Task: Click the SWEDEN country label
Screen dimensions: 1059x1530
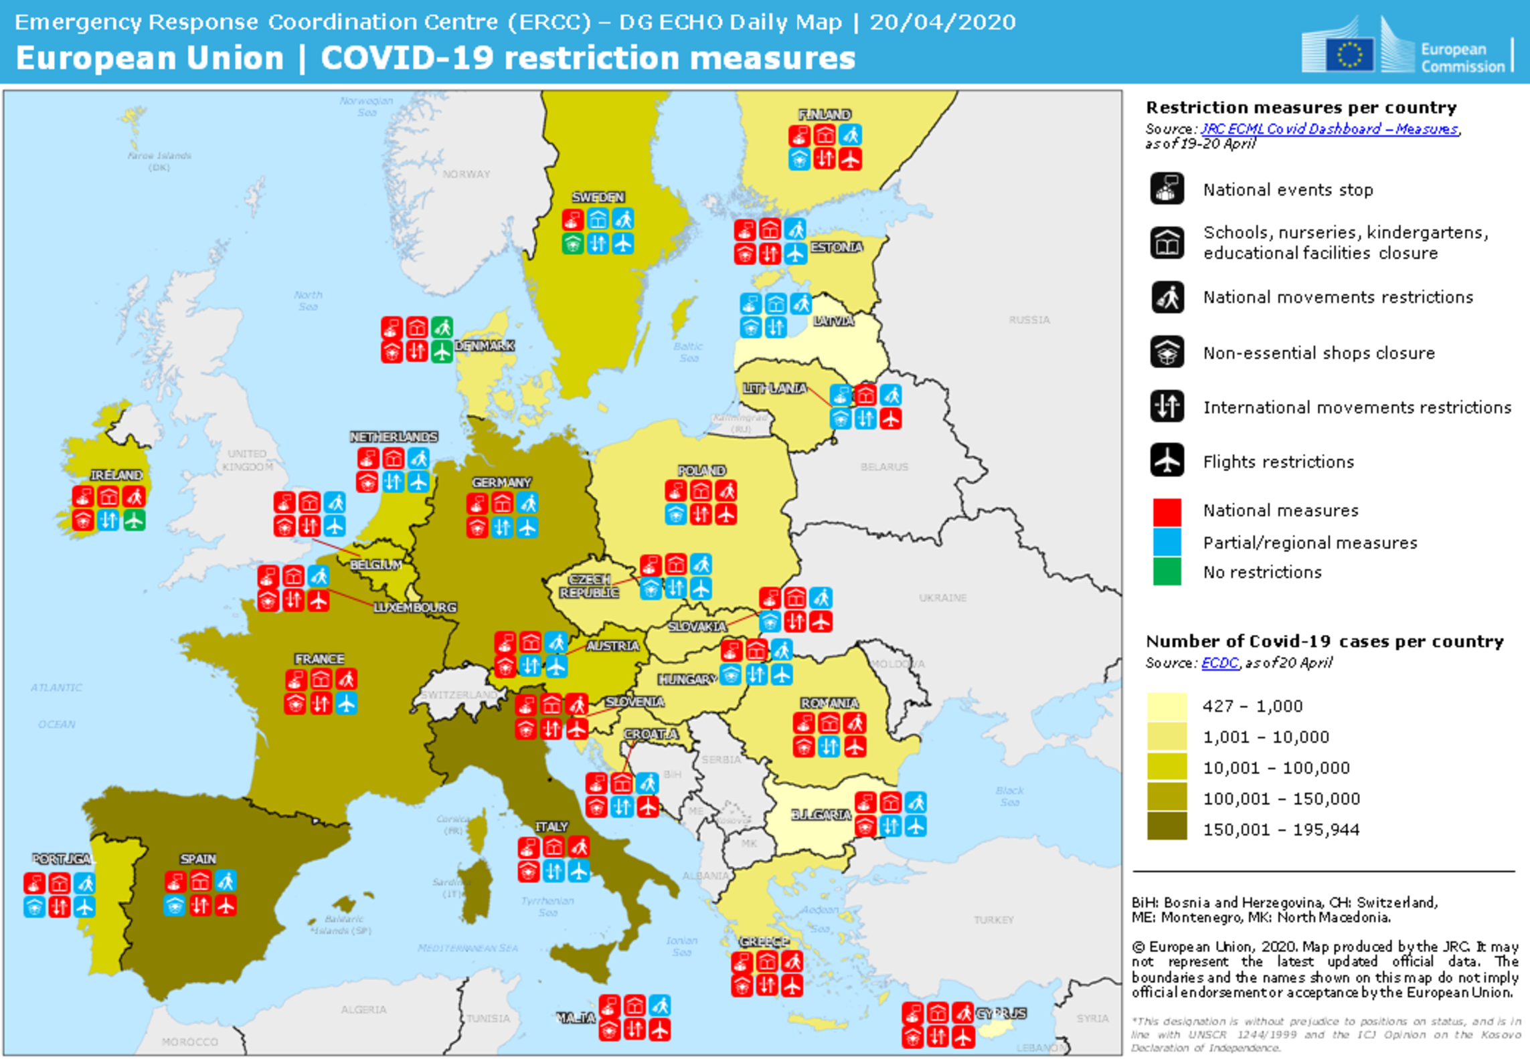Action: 598,197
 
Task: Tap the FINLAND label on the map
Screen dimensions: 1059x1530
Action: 824,114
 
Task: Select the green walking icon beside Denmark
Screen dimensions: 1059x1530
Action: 442,327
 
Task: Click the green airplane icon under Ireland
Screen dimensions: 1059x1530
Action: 134,520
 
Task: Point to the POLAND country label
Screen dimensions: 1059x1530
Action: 701,470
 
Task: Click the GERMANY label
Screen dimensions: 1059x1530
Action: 501,482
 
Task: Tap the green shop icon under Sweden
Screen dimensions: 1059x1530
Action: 572,244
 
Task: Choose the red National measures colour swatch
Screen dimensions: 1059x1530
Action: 1167,512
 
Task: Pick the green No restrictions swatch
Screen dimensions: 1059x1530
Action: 1167,572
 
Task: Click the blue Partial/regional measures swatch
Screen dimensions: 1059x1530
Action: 1167,542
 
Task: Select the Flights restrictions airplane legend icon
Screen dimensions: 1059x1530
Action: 1167,460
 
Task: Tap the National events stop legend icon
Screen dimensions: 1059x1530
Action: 1167,189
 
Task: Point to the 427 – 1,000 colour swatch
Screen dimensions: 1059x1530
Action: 1167,705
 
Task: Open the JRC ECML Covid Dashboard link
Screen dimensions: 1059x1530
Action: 1329,128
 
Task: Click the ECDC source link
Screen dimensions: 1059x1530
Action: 1219,662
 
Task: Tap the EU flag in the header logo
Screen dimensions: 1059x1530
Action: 1349,54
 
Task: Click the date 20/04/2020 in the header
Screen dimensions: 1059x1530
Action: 942,22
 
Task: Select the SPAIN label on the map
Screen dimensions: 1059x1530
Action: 197,858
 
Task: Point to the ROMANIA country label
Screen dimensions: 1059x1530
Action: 829,703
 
